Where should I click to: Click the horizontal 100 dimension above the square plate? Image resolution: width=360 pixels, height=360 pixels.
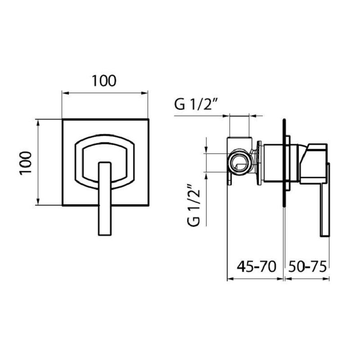tap(104, 81)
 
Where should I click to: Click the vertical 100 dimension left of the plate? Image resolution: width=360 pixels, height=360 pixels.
tap(26, 162)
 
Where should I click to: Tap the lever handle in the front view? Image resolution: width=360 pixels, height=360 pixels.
tap(104, 198)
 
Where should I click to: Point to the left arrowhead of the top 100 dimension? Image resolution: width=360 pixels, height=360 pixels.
tap(64, 94)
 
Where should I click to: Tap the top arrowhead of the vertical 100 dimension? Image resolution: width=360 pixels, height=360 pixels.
tap(38, 121)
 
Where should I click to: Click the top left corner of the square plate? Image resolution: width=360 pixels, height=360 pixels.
tap(62, 119)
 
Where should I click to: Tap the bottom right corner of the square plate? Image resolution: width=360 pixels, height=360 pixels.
tap(148, 205)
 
